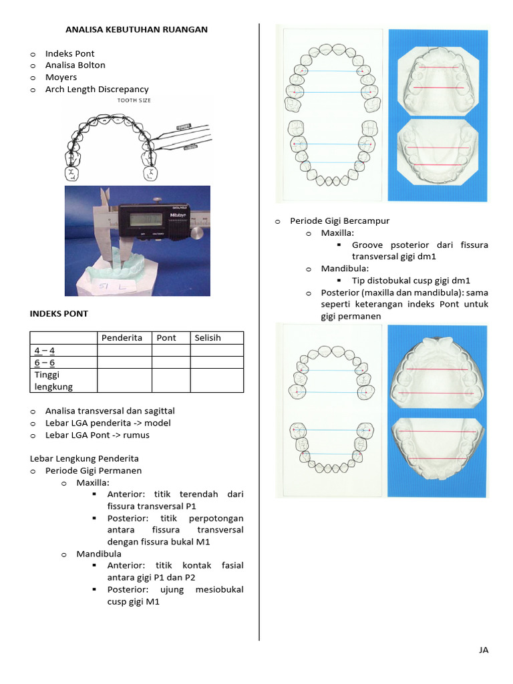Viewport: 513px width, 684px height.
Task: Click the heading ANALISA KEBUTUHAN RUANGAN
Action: click(136, 29)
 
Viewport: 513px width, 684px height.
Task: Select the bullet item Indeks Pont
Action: click(69, 53)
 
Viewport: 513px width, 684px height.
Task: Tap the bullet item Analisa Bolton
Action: click(75, 65)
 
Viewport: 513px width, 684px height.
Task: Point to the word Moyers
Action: click(61, 77)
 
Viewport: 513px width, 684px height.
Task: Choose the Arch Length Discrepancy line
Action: click(97, 90)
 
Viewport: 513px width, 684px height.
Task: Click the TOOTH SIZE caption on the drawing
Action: click(134, 101)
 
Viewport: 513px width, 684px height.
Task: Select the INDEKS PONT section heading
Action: click(59, 314)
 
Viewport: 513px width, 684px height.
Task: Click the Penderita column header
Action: click(122, 338)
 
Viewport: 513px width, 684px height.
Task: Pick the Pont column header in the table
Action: click(166, 338)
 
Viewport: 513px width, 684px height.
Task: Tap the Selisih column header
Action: click(208, 338)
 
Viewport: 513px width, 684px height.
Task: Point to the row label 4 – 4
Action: click(45, 351)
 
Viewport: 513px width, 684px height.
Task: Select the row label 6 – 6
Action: click(45, 363)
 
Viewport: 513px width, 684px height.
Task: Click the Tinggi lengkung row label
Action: click(53, 380)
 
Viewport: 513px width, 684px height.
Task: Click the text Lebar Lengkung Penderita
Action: click(84, 459)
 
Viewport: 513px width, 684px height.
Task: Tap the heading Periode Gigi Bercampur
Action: click(339, 221)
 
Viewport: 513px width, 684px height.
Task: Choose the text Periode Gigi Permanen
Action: click(94, 471)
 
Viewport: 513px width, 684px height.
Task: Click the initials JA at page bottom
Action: click(484, 650)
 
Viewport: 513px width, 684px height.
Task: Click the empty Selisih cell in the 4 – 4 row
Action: click(216, 351)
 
